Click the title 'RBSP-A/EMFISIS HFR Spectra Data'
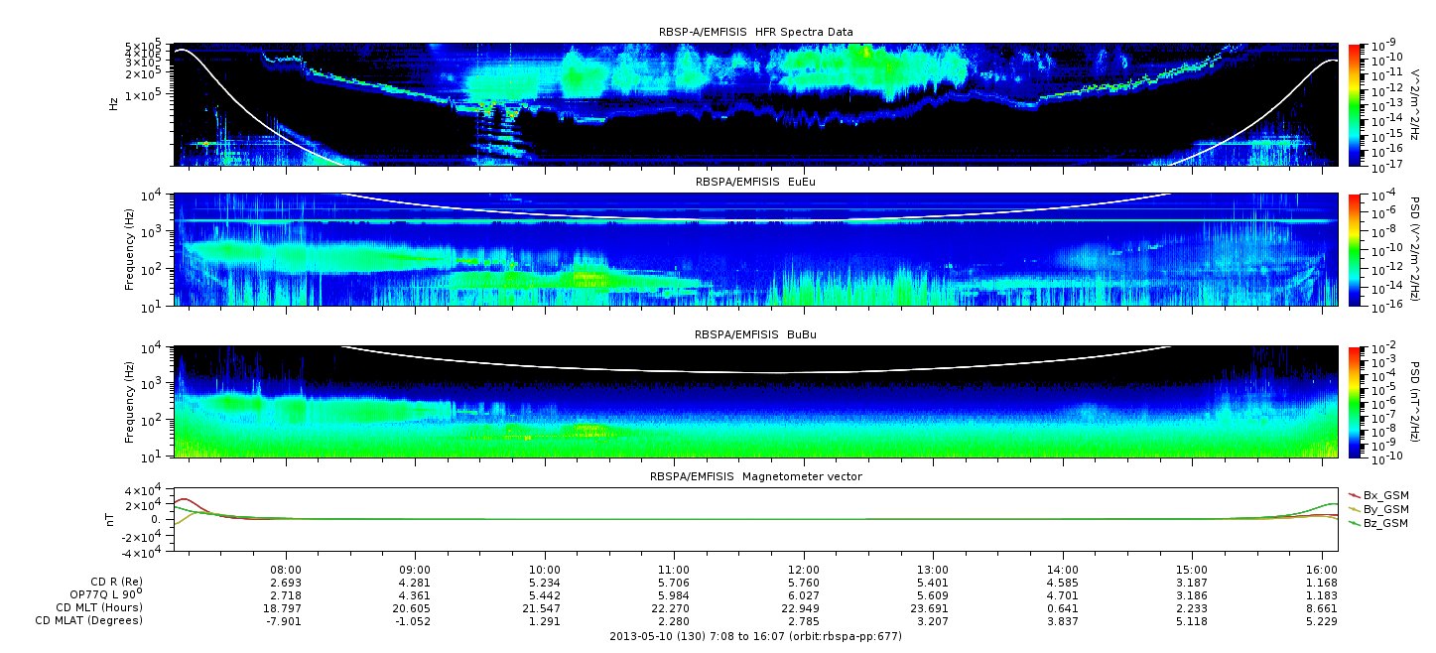(x=755, y=32)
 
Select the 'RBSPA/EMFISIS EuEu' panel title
(x=755, y=182)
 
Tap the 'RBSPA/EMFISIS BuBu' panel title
(x=755, y=334)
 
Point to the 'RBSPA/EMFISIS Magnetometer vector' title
(x=756, y=476)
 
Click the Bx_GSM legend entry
(x=1378, y=496)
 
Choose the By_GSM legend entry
(x=1378, y=510)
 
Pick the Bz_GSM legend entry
(x=1378, y=524)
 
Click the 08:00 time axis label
(x=286, y=570)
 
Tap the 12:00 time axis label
(x=803, y=570)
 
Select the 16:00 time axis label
(x=1322, y=570)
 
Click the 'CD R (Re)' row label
(x=116, y=582)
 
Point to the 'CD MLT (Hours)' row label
(x=99, y=607)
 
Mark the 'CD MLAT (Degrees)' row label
(x=88, y=621)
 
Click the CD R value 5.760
(x=803, y=584)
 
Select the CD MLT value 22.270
(x=674, y=608)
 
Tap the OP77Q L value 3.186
(x=1192, y=596)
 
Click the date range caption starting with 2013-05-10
(x=755, y=636)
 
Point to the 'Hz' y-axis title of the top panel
(x=113, y=104)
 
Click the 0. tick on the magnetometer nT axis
(x=157, y=520)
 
